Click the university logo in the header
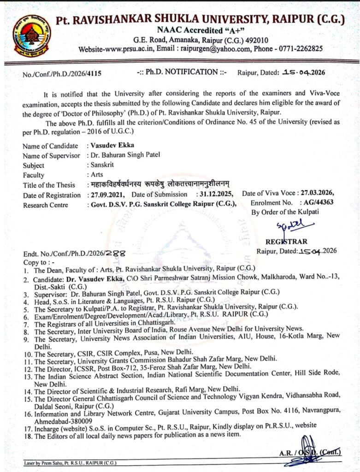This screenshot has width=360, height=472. [x=32, y=35]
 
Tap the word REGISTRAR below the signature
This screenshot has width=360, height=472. [x=286, y=242]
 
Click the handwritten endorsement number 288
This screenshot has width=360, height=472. [x=114, y=254]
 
